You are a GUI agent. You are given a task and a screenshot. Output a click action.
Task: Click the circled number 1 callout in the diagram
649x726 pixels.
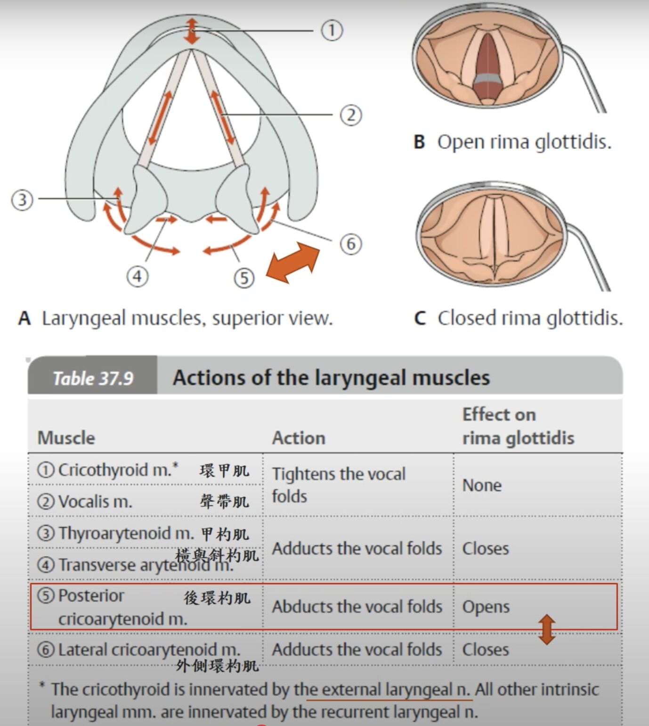click(x=332, y=31)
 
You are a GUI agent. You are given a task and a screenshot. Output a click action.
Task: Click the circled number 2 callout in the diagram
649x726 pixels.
click(x=350, y=115)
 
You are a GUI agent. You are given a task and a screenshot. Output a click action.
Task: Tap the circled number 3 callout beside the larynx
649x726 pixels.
click(x=22, y=199)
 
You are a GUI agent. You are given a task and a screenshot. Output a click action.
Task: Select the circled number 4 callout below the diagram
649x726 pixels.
click(x=137, y=276)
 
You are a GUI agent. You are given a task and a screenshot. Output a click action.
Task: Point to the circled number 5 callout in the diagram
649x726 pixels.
click(x=244, y=278)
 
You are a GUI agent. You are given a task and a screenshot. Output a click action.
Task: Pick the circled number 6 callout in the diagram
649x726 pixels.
click(x=351, y=244)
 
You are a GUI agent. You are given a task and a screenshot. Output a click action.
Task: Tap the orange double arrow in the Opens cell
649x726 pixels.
click(x=546, y=629)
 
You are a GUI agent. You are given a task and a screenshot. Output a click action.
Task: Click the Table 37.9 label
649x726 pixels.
click(x=93, y=378)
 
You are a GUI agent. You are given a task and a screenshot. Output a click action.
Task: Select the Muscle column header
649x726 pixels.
click(x=66, y=438)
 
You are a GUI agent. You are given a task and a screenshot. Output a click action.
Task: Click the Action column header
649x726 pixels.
click(x=299, y=438)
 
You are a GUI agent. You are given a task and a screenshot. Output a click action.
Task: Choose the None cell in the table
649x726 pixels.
click(x=482, y=485)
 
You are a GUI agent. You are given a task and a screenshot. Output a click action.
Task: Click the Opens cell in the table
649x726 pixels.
click(x=486, y=607)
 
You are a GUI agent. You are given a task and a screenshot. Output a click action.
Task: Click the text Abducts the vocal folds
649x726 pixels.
click(x=357, y=607)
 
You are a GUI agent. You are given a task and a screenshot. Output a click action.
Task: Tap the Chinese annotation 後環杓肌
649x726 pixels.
click(x=217, y=598)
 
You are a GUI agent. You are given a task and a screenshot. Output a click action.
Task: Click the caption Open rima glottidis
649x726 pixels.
click(x=524, y=142)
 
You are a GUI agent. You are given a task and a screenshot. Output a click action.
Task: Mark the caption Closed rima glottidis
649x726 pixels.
click(x=530, y=318)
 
